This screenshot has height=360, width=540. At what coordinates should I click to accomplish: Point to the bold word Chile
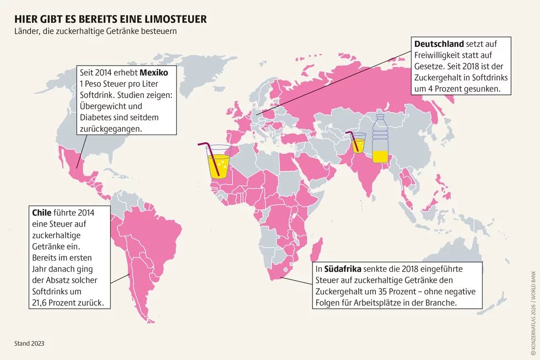(41, 212)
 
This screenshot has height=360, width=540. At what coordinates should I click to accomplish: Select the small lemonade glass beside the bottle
(359, 143)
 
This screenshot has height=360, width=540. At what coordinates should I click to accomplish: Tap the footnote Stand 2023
(29, 343)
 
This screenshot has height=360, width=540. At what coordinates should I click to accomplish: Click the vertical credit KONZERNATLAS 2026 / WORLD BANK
(532, 308)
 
